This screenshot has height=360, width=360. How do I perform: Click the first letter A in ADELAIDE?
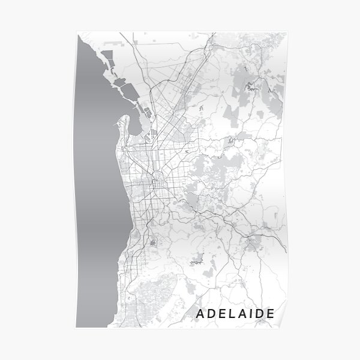click(x=200, y=313)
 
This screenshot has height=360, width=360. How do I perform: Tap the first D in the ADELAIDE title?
click(x=212, y=313)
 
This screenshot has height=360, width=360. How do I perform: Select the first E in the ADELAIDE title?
click(x=222, y=313)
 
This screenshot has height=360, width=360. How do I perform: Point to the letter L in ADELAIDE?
click(x=232, y=313)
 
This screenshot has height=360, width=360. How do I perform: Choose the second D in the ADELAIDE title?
click(x=259, y=313)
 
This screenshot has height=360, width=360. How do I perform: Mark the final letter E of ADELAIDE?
click(x=271, y=313)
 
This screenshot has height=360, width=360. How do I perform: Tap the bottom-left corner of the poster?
click(x=76, y=327)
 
